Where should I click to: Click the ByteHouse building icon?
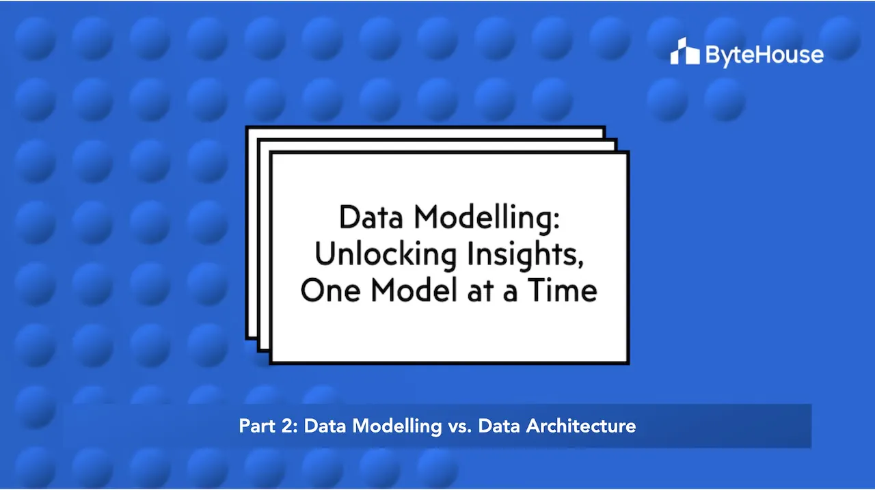pyautogui.click(x=684, y=52)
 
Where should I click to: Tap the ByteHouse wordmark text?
pyautogui.click(x=764, y=54)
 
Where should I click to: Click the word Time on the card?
pyautogui.click(x=564, y=290)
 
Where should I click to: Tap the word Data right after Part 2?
pyautogui.click(x=324, y=426)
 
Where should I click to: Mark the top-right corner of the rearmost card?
pyautogui.click(x=604, y=128)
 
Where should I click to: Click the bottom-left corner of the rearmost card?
pyautogui.click(x=247, y=338)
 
